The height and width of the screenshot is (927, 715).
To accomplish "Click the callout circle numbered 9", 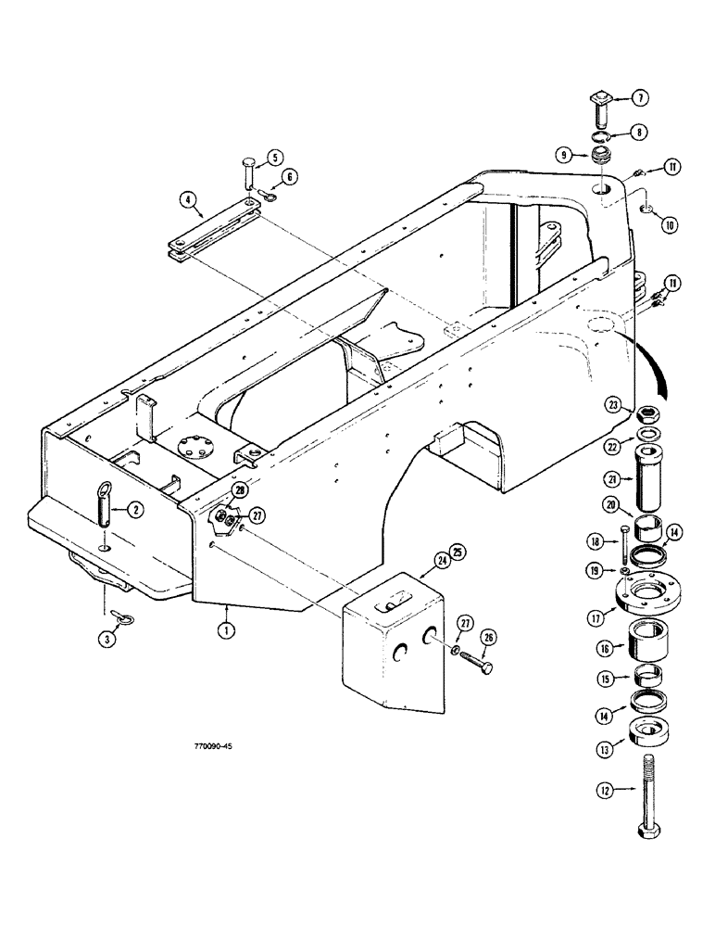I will point(562,157).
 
